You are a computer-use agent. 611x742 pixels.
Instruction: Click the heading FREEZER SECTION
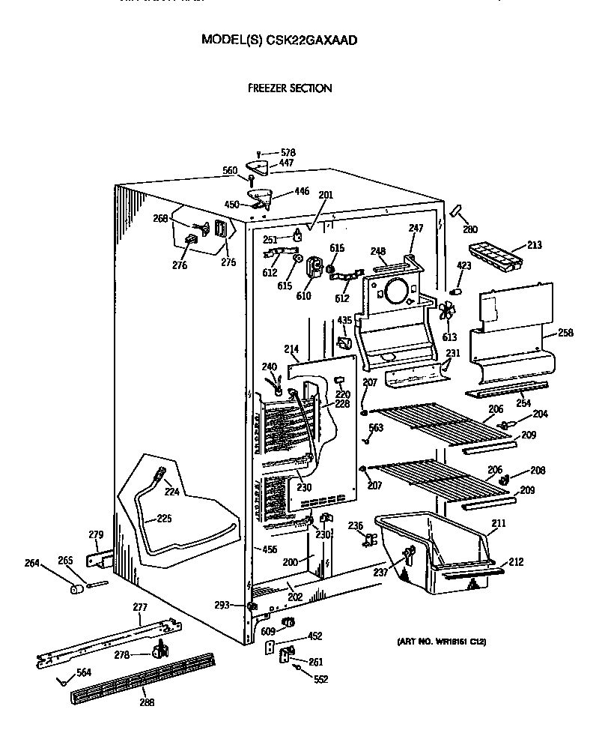290,88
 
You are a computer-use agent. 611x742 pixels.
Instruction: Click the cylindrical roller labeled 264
75,589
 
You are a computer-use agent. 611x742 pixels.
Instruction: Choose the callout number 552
321,680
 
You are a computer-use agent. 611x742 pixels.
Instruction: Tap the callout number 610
303,296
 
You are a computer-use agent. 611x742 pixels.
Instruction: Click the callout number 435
344,321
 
